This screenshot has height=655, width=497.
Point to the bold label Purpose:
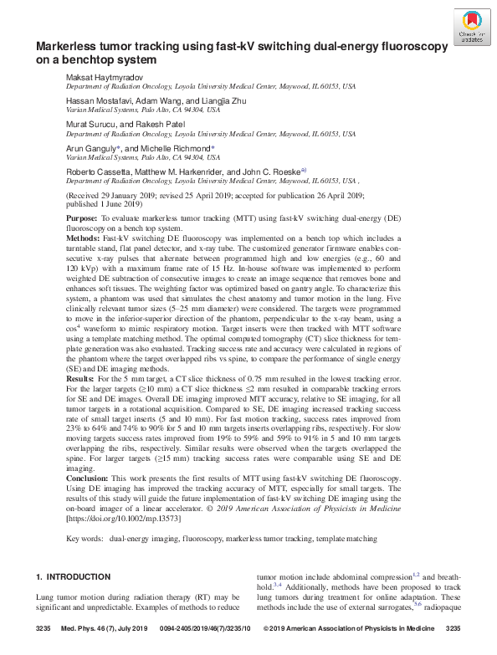tap(81, 217)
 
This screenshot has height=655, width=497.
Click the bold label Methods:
tap(83, 238)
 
